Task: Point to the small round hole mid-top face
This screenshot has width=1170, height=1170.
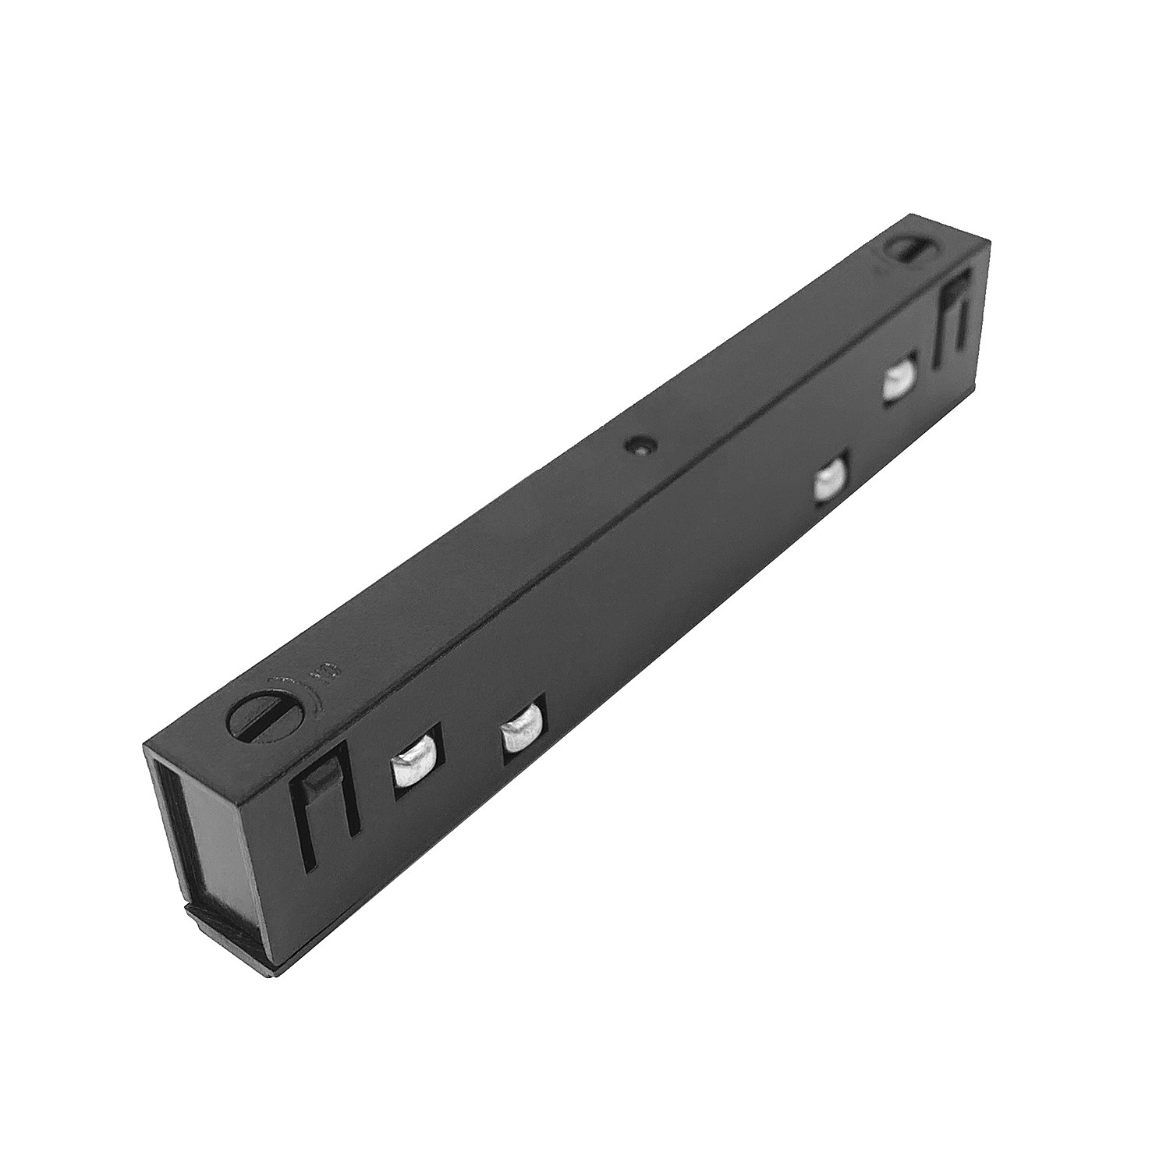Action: click(639, 447)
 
